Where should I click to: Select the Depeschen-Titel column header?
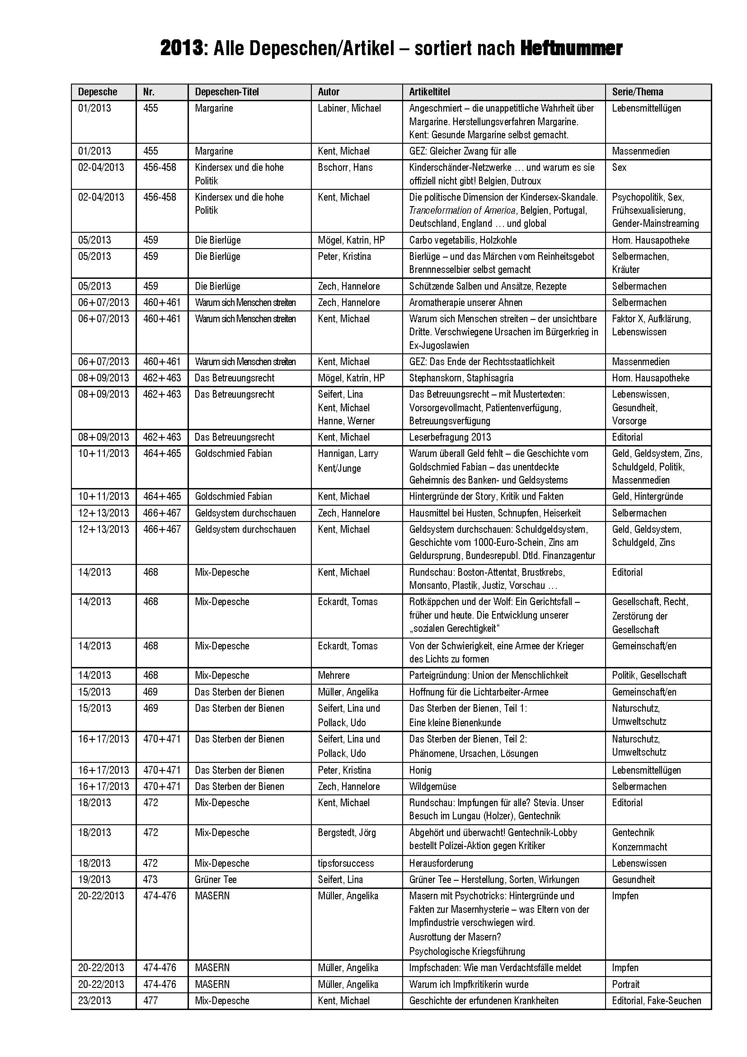227,92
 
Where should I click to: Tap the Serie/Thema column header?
638,92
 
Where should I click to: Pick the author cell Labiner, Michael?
349,108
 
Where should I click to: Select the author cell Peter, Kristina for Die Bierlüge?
344,256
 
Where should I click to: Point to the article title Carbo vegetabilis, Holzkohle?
463,240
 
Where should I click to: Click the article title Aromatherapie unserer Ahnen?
465,302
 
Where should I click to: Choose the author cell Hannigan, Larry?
348,453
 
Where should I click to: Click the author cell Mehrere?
334,675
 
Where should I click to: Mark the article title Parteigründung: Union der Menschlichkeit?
489,675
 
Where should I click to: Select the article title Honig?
420,770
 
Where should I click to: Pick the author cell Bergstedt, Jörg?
347,832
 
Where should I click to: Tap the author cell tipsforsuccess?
346,863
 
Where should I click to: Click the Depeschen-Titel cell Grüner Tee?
216,879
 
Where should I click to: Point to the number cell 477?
150,1001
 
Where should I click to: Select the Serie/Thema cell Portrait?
625,984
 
